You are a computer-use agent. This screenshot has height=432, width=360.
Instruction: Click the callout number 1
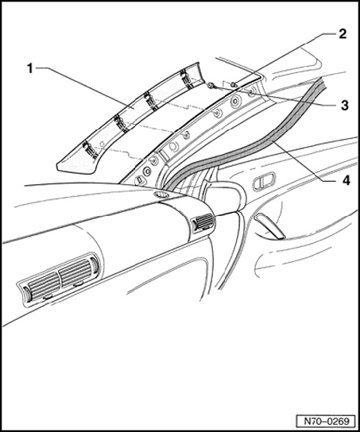[x=30, y=68]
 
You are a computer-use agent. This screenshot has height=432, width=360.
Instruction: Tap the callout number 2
[x=342, y=34]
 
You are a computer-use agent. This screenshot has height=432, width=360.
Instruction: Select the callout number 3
[x=345, y=106]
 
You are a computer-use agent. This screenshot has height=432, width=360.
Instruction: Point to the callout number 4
[x=346, y=180]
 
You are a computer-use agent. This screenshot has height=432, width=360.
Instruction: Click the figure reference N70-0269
[x=327, y=421]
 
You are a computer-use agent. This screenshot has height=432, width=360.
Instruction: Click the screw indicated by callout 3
[x=212, y=86]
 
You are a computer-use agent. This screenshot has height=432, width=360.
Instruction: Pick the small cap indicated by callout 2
[x=234, y=84]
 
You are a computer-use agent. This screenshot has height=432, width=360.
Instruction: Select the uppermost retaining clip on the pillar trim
[x=185, y=79]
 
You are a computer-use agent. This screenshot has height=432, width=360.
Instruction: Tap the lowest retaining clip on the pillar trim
[x=90, y=149]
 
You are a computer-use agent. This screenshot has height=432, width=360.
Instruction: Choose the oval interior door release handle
[x=264, y=181]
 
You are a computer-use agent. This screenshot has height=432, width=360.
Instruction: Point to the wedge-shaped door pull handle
[x=270, y=226]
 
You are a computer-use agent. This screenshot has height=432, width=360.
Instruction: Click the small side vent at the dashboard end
[x=203, y=222]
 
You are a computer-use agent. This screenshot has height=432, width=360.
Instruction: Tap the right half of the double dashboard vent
[x=76, y=272]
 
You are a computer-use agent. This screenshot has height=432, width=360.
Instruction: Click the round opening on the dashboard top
[x=162, y=195]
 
